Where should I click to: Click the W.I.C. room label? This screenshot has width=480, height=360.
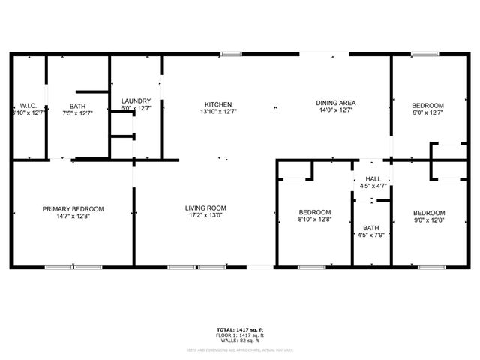coord(28,105)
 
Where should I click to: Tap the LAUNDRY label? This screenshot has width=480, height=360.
coord(136,101)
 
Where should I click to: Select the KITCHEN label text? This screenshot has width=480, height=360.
coord(218,104)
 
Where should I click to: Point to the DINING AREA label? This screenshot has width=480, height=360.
coord(335,103)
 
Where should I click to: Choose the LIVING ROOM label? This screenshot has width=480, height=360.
coord(206,208)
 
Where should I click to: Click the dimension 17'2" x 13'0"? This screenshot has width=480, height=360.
coord(206,217)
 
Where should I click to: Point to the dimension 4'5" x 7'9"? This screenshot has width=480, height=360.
coord(371,236)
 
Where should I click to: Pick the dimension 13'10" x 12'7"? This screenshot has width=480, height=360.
coord(218,112)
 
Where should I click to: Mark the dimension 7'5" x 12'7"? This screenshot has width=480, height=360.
coord(77,113)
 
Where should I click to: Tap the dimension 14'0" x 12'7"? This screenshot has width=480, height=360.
coord(335,110)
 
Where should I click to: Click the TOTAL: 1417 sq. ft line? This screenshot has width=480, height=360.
coord(240,328)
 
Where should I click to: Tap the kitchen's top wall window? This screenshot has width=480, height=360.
coord(231,54)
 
